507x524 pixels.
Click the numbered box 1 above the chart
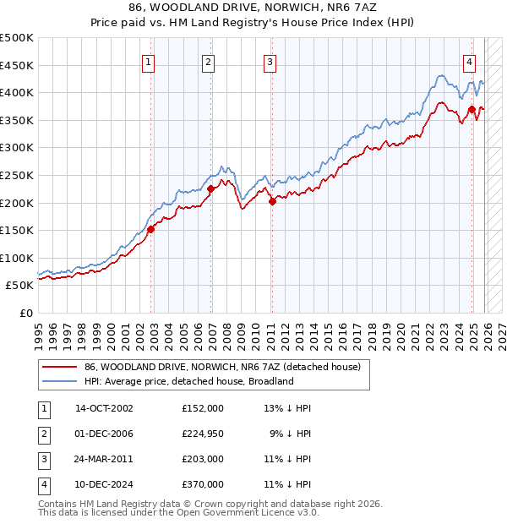click(x=148, y=61)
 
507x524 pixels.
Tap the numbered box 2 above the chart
click(x=208, y=61)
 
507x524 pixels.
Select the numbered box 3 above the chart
click(x=269, y=61)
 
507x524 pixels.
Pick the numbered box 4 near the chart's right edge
click(x=469, y=61)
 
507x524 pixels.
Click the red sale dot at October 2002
click(x=151, y=229)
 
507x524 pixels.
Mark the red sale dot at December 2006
click(x=211, y=189)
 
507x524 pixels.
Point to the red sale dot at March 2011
click(x=272, y=201)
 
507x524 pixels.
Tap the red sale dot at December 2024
click(x=472, y=109)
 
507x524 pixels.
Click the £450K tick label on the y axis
click(x=17, y=65)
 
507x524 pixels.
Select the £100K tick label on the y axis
click(x=17, y=258)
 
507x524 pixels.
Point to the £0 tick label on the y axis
click(x=25, y=313)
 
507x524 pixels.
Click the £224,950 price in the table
click(x=203, y=434)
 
